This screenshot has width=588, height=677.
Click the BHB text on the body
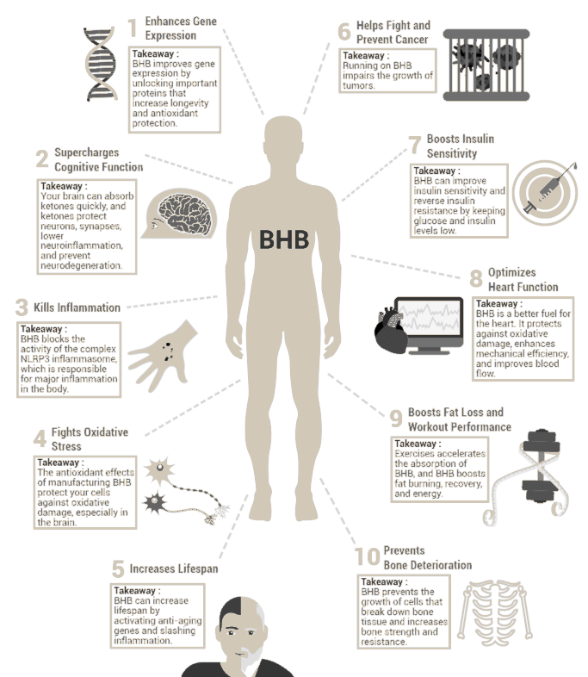point(284,239)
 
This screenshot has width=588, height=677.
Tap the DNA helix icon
point(101,64)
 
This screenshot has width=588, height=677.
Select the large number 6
point(344,32)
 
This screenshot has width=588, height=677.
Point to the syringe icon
point(548,189)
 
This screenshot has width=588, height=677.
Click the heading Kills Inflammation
point(77,307)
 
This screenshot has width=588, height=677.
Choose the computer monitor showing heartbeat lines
point(429,325)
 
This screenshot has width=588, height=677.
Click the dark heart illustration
point(390,330)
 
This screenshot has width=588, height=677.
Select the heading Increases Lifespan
point(173,568)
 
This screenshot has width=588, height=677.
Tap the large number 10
point(367,557)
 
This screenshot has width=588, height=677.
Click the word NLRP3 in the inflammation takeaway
point(34,359)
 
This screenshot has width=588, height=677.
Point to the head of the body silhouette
point(283,137)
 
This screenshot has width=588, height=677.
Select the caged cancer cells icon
point(486,65)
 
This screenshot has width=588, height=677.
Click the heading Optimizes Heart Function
point(523,280)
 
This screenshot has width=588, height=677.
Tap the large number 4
point(40,438)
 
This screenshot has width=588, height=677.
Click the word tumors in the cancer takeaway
point(358,85)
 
